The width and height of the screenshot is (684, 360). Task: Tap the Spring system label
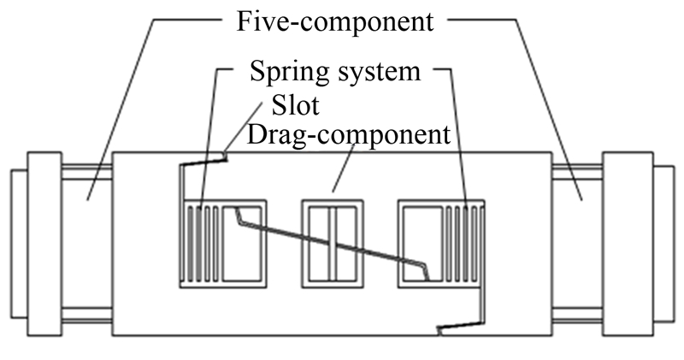[x=335, y=71]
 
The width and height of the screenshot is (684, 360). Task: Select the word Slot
[x=296, y=106]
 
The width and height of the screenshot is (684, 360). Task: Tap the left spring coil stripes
[x=203, y=243]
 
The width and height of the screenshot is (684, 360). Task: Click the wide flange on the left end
[x=44, y=243]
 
